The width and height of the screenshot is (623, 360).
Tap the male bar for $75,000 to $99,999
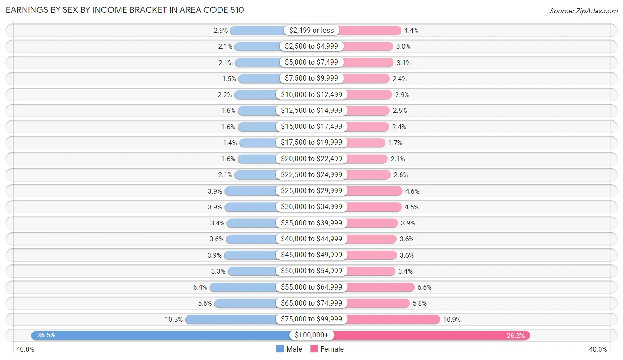[230, 319]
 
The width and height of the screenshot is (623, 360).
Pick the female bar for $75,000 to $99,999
[393, 319]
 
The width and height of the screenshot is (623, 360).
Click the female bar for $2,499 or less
[370, 30]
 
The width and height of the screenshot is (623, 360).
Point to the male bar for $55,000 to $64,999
[243, 287]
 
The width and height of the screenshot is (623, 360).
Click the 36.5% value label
[46, 335]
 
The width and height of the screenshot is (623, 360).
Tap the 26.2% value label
[516, 335]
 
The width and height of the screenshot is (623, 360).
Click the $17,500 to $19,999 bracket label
[311, 143]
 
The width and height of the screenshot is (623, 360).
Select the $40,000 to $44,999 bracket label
[311, 239]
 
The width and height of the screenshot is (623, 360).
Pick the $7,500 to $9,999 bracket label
[311, 78]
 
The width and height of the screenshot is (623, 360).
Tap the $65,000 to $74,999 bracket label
[311, 303]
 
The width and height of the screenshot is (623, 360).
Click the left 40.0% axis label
[25, 349]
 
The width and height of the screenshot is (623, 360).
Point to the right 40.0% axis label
[598, 349]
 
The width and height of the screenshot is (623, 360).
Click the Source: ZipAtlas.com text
[583, 11]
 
